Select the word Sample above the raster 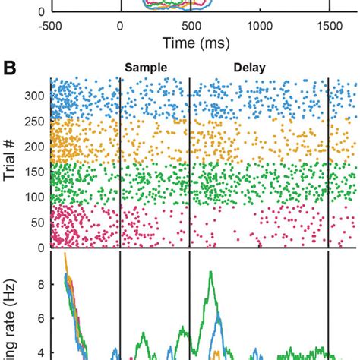coord(144,67)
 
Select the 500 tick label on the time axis coord(190,24)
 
